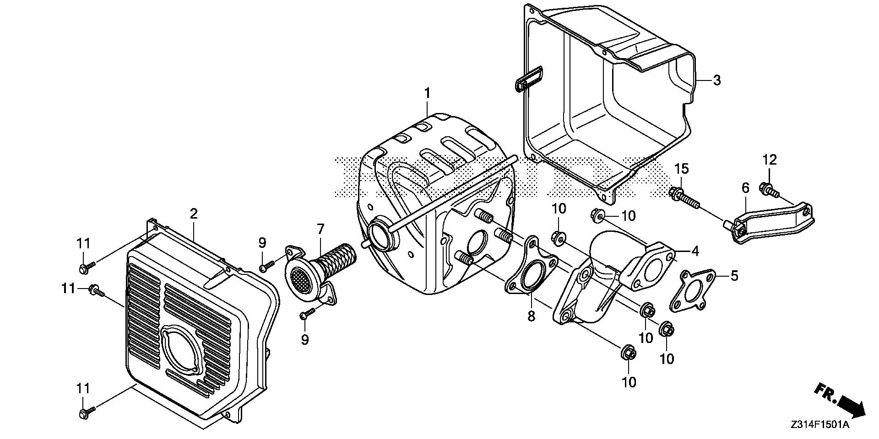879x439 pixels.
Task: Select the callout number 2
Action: coord(194,214)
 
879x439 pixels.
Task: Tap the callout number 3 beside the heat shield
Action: coord(717,80)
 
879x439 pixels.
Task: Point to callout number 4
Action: coord(695,251)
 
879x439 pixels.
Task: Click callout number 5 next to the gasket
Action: coord(734,276)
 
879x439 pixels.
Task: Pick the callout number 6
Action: coord(745,187)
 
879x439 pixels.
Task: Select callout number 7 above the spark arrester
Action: coord(320,229)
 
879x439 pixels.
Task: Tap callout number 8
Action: coord(531,316)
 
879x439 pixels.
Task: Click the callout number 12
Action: coord(770,160)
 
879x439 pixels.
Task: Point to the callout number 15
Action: coord(681,168)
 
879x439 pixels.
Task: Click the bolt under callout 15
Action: coord(684,198)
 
